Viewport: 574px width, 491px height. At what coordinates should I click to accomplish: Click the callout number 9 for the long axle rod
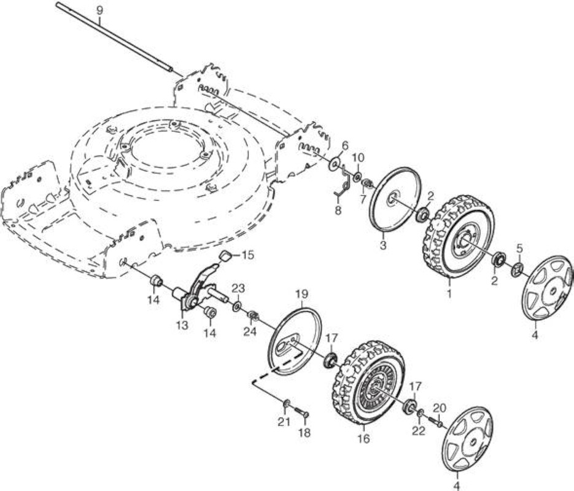pos(99,10)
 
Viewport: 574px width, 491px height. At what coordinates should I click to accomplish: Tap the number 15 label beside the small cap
pos(248,255)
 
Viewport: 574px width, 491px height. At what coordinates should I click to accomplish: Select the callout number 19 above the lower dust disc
pos(301,294)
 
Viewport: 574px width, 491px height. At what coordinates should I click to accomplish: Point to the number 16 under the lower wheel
pos(364,438)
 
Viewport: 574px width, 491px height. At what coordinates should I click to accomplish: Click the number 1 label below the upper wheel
pos(449,293)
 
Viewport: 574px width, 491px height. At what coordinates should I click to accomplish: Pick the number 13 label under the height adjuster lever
pos(182,325)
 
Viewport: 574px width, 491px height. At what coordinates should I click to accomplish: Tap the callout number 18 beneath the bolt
pos(304,433)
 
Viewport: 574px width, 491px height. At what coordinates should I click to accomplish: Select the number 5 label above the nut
pos(519,249)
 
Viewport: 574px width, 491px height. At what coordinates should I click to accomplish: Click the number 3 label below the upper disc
pos(383,245)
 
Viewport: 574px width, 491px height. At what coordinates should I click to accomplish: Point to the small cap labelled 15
pos(227,255)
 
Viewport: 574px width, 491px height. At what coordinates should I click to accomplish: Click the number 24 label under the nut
pos(250,332)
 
